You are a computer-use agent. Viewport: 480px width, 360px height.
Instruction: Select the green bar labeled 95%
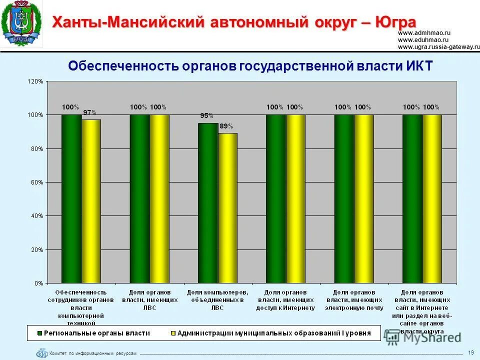point(207,202)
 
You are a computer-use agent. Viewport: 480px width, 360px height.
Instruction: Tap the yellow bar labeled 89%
point(227,207)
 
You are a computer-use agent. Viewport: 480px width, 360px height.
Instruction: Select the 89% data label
point(226,126)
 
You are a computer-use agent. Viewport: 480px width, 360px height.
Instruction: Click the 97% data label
point(90,112)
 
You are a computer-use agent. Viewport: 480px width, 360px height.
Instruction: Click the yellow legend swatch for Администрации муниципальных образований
point(173,332)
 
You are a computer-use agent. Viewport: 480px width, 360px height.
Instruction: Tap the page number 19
point(471,353)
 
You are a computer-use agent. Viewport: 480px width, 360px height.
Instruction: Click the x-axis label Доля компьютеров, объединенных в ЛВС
point(217,299)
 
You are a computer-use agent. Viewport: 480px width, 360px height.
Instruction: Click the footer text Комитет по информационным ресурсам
point(92,353)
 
